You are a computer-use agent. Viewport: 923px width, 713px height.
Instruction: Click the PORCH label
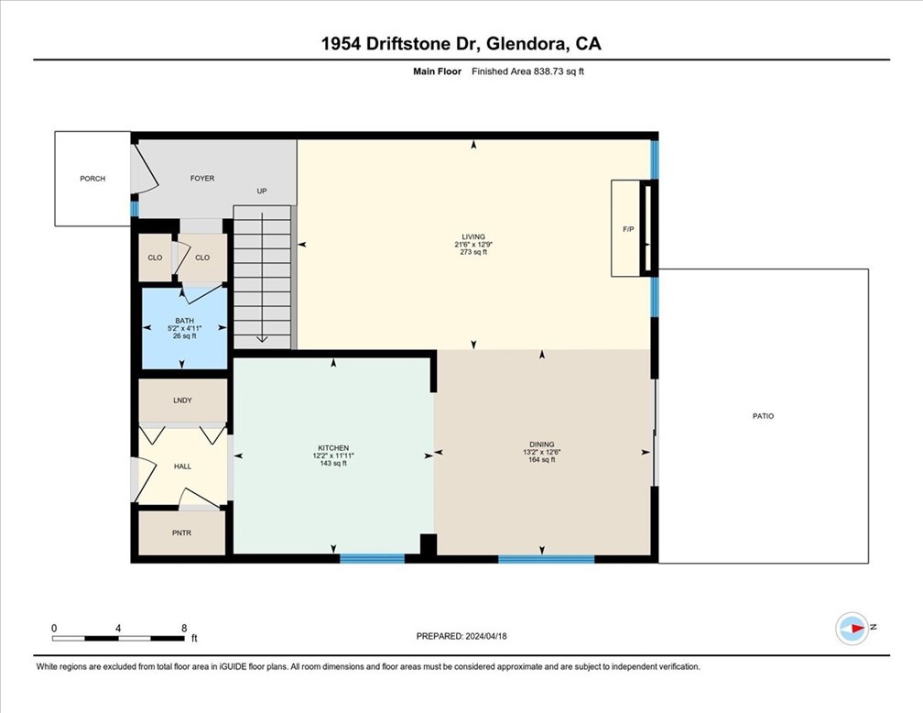click(92, 179)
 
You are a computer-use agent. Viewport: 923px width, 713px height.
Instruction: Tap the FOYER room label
click(201, 179)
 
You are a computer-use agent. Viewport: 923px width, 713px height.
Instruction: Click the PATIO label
click(763, 416)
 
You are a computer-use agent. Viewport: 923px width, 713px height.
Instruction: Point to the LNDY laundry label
click(182, 400)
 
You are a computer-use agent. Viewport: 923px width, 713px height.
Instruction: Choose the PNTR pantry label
click(182, 532)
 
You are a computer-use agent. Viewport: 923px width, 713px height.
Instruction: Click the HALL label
click(182, 466)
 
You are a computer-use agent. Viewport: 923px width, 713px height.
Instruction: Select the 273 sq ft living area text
click(473, 252)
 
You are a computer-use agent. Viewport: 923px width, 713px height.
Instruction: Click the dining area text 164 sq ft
click(541, 460)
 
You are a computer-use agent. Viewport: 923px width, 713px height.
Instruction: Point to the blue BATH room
click(184, 327)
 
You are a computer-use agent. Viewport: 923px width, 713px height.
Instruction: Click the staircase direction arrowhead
click(262, 338)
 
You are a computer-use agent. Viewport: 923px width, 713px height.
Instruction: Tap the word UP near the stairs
click(261, 192)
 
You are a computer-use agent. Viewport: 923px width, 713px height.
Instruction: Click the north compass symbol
click(852, 628)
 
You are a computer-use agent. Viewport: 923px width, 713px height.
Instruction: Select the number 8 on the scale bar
click(184, 629)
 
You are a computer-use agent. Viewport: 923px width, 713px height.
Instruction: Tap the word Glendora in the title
click(527, 43)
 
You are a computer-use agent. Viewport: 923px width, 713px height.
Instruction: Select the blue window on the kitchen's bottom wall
click(372, 558)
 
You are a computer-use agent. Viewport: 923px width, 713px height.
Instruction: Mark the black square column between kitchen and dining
click(428, 545)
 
